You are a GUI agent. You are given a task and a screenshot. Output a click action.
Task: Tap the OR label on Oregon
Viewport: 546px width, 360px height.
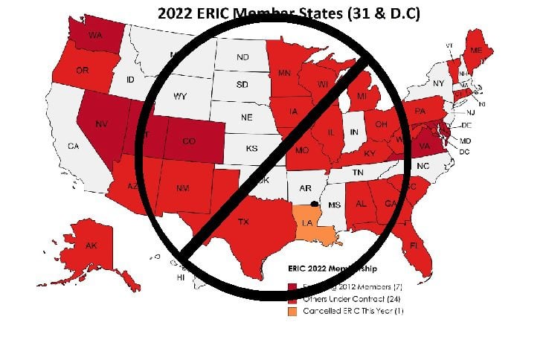[63, 71]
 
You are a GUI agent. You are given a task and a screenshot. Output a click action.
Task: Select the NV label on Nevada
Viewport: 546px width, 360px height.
[103, 123]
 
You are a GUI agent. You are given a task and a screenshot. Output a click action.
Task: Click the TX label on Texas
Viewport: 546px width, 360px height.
[243, 222]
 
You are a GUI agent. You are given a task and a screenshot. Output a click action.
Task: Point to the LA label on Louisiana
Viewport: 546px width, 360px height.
[307, 222]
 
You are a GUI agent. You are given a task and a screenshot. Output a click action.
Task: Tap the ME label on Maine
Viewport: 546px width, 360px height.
[476, 50]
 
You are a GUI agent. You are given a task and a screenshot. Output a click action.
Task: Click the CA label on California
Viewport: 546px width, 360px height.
[73, 147]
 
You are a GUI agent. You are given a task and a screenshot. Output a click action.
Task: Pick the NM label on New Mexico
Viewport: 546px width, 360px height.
[182, 189]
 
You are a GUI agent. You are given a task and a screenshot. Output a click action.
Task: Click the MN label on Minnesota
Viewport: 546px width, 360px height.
[284, 73]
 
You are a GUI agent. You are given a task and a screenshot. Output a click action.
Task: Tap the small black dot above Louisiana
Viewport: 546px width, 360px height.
[315, 203]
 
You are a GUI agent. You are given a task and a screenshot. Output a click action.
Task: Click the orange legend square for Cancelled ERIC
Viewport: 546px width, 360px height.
[292, 310]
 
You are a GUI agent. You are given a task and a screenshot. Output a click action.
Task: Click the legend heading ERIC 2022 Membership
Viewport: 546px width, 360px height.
[332, 268]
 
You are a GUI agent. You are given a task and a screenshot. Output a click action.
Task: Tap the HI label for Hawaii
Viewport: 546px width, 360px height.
[180, 277]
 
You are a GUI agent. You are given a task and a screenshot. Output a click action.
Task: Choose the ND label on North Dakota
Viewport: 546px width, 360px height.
[243, 57]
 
